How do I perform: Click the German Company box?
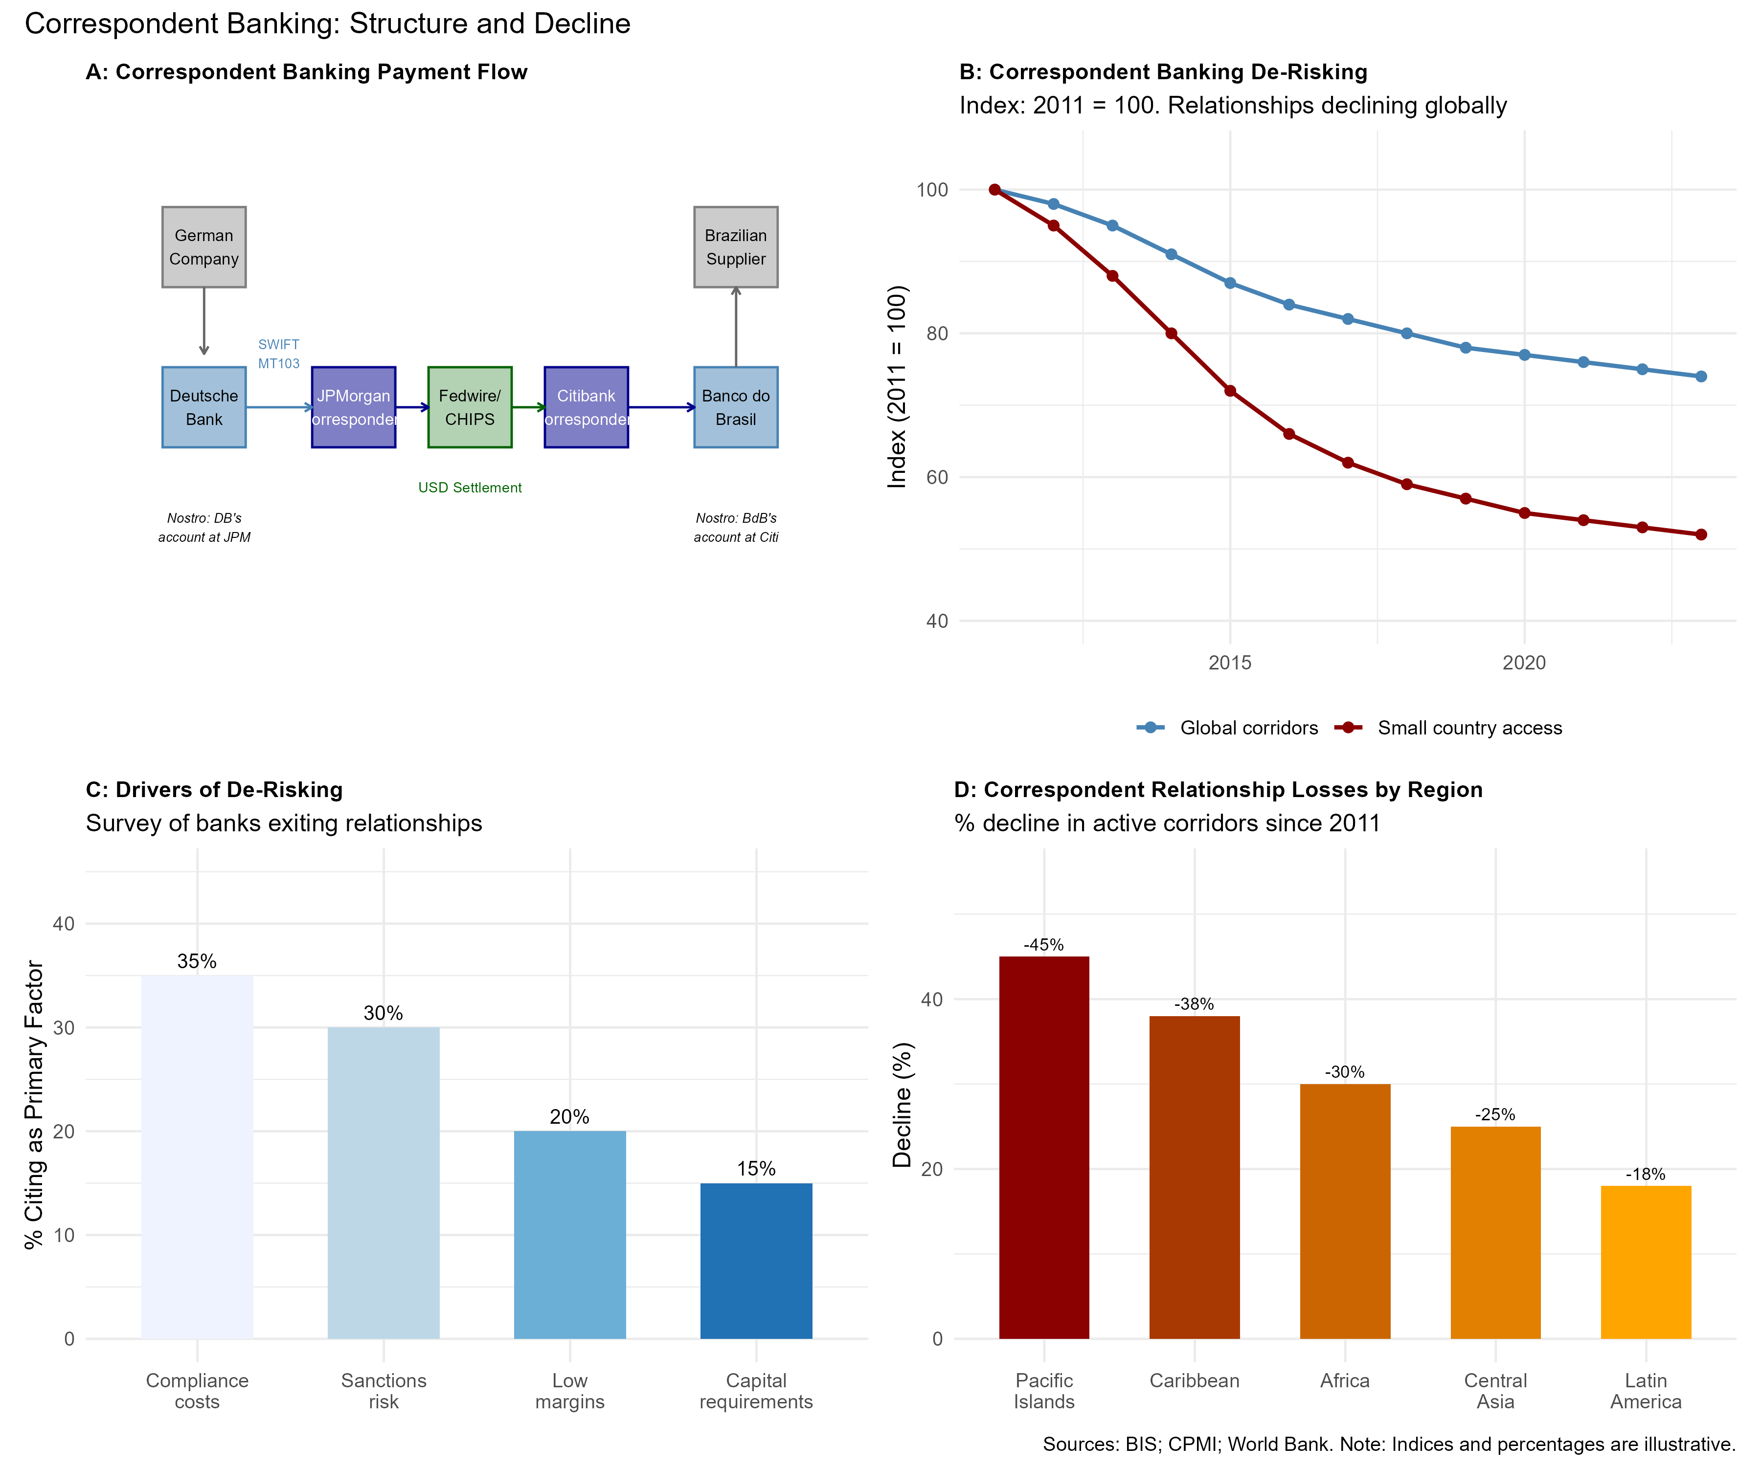point(204,247)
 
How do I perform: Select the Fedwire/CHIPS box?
point(470,407)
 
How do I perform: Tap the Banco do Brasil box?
point(735,407)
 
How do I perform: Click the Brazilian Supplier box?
point(735,247)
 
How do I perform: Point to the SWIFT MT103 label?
point(278,354)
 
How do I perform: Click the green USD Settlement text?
point(470,488)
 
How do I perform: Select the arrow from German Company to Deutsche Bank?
point(204,321)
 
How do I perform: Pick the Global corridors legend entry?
point(1228,728)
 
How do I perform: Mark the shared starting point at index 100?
point(994,189)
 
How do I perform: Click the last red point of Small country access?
point(1701,535)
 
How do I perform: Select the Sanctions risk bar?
point(383,1182)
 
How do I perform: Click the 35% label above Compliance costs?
point(197,961)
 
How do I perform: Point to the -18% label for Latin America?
point(1645,1175)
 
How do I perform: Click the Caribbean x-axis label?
point(1194,1380)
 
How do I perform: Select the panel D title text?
point(1218,790)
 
